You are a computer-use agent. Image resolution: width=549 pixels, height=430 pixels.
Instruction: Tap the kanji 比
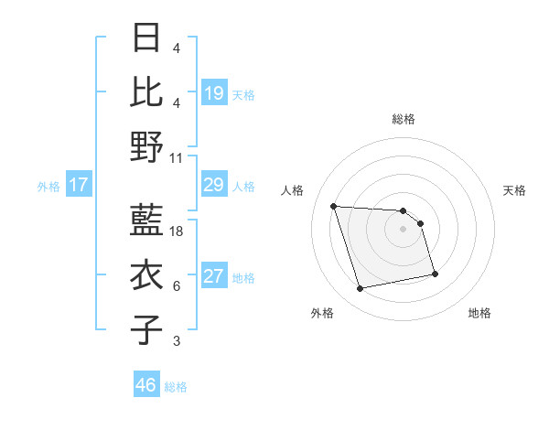(x=146, y=91)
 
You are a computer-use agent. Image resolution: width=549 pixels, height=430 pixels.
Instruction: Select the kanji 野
(x=146, y=146)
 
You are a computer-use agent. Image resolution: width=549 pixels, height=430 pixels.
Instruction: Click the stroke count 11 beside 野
(x=177, y=157)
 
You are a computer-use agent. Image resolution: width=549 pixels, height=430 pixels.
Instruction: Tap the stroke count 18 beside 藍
(x=177, y=231)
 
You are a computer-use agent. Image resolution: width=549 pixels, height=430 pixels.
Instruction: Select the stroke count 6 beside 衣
(x=177, y=286)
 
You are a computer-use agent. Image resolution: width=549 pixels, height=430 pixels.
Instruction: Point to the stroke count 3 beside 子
(x=177, y=341)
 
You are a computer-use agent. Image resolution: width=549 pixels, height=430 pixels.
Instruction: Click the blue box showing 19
(x=214, y=93)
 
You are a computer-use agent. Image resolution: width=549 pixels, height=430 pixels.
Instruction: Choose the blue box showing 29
(x=214, y=186)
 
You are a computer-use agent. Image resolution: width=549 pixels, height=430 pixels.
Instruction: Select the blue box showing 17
(x=79, y=186)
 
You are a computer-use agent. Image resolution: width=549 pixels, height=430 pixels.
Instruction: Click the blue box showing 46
(x=146, y=385)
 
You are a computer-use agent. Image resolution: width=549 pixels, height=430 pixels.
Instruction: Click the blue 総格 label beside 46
(x=176, y=387)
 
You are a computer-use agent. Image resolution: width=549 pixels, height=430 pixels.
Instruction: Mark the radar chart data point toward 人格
(x=334, y=206)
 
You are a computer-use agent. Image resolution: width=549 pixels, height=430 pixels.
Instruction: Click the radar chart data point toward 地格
(x=435, y=274)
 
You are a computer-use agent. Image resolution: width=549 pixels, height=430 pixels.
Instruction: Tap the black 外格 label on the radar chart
(x=322, y=313)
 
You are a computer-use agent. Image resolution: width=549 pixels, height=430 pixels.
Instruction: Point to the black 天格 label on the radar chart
(x=514, y=190)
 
